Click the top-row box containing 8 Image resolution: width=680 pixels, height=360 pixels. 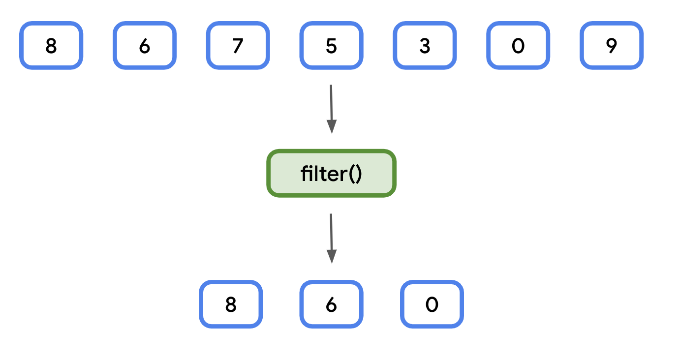coord(51,45)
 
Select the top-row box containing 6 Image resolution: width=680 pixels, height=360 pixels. coord(145,45)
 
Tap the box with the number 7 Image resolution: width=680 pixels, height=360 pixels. coord(238,45)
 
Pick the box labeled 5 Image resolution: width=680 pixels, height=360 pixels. coord(331,45)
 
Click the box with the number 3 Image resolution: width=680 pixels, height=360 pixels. coord(425,45)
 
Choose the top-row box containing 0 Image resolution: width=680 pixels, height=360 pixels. coord(518,45)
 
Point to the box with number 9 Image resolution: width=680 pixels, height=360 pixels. coord(612,45)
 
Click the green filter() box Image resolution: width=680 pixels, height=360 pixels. coord(331,174)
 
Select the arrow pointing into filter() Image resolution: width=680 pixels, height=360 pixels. coord(331,106)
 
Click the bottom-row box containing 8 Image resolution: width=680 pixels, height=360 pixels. coord(231,304)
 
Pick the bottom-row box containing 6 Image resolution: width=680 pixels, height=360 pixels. coord(331,304)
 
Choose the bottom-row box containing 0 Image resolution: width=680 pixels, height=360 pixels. coord(432,304)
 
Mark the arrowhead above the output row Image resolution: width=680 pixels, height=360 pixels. coord(332,256)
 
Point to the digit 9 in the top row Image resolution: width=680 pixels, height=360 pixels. coord(612,46)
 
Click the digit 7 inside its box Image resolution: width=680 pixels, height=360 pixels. coord(238,46)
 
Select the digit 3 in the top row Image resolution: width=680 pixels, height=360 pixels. coord(425,46)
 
